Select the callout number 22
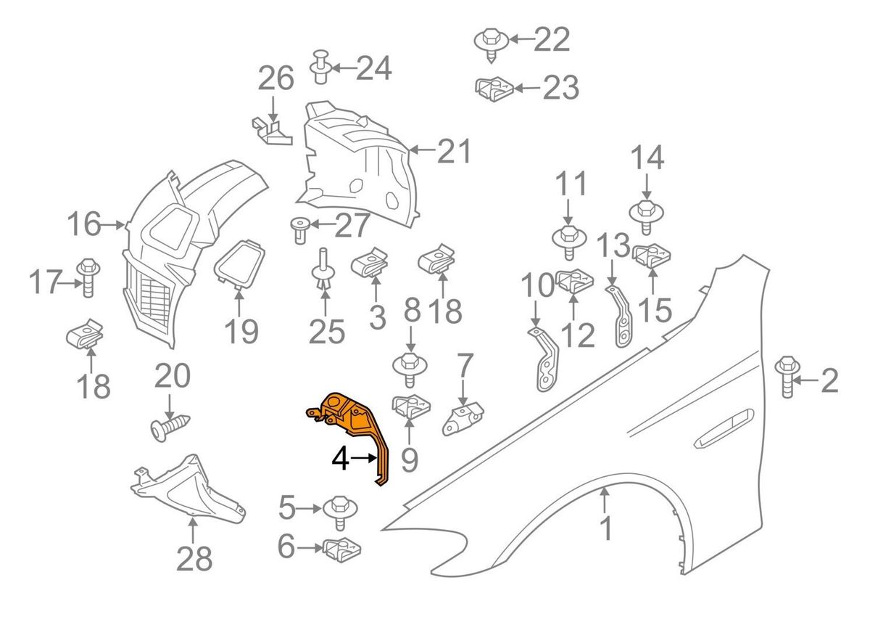click(552, 40)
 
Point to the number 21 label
click(454, 152)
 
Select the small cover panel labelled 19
click(240, 263)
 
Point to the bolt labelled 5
click(339, 510)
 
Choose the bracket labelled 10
click(544, 359)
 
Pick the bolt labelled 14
click(646, 214)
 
